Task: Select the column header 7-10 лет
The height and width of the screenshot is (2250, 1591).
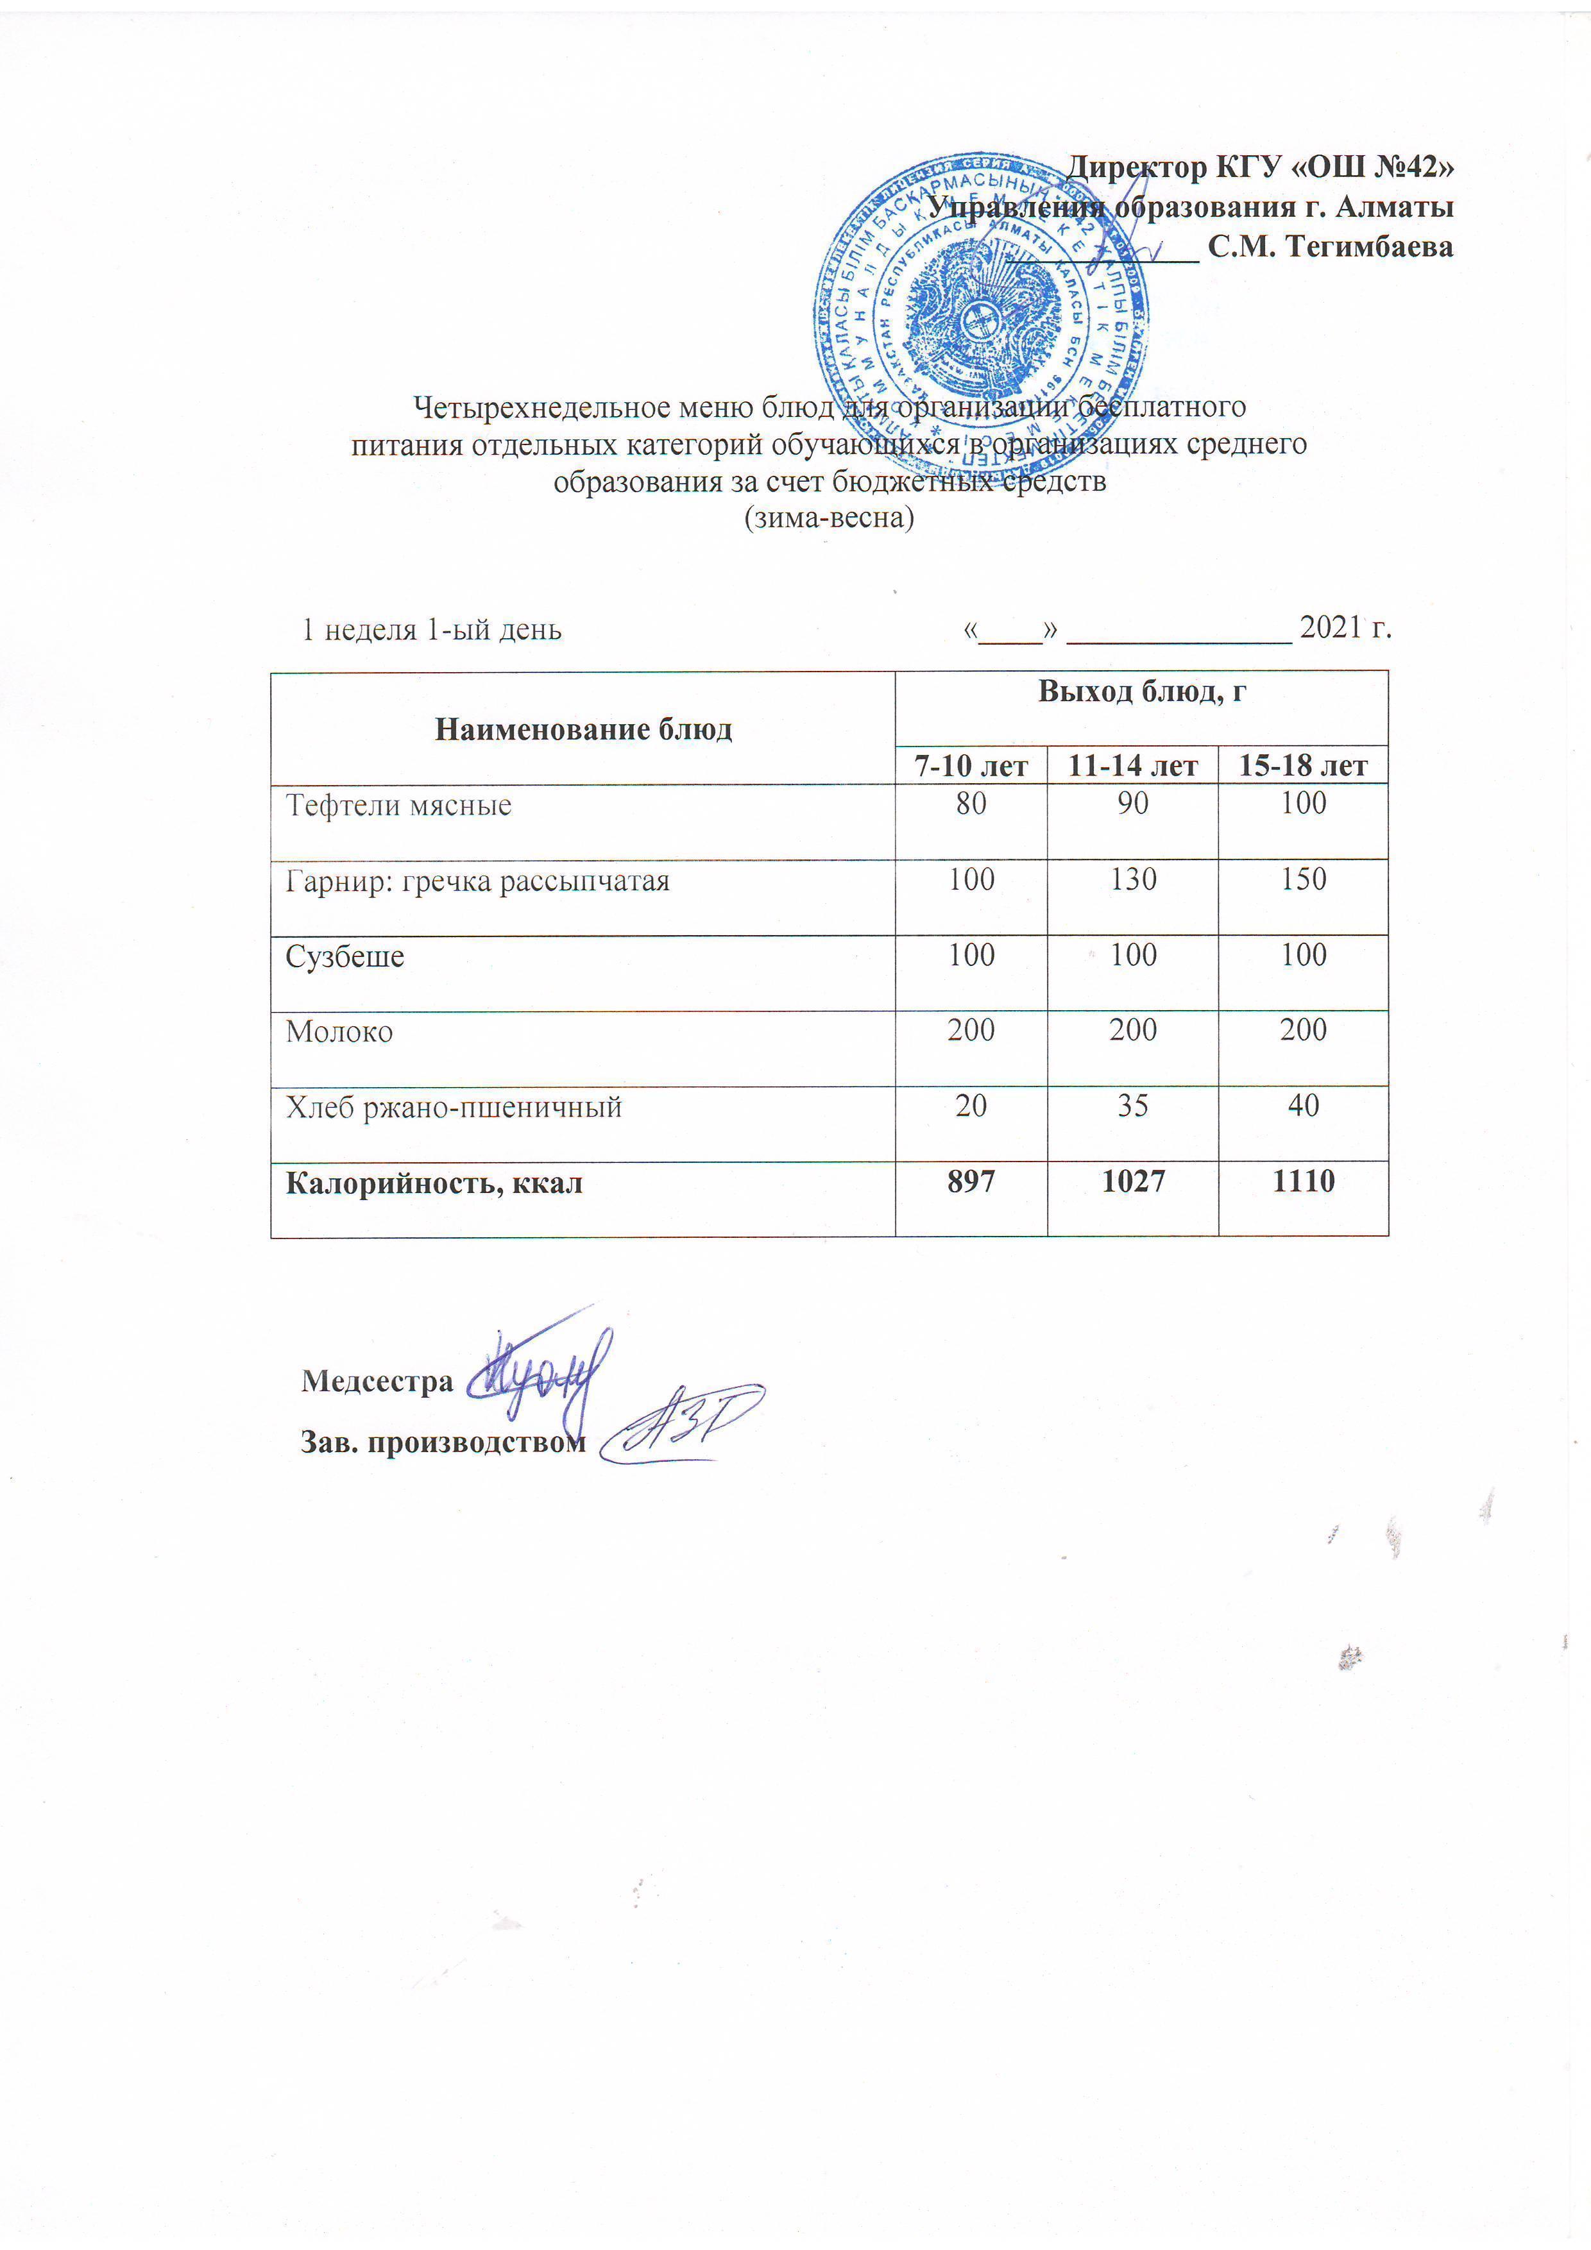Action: (x=971, y=765)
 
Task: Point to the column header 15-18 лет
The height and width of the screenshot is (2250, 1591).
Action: (x=1303, y=765)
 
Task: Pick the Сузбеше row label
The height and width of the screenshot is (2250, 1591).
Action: (x=345, y=956)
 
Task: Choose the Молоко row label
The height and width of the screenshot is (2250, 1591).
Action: (x=339, y=1032)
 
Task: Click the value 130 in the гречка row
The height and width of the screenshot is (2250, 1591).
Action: (x=1132, y=879)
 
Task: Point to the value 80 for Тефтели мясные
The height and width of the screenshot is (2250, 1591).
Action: (x=971, y=804)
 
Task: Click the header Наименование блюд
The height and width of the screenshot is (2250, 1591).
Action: (x=583, y=729)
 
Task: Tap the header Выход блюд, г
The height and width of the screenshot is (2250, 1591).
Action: (x=1141, y=692)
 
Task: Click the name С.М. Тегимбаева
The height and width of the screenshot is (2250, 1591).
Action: (x=1329, y=247)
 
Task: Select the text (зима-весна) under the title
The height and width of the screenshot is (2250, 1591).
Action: (x=830, y=518)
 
